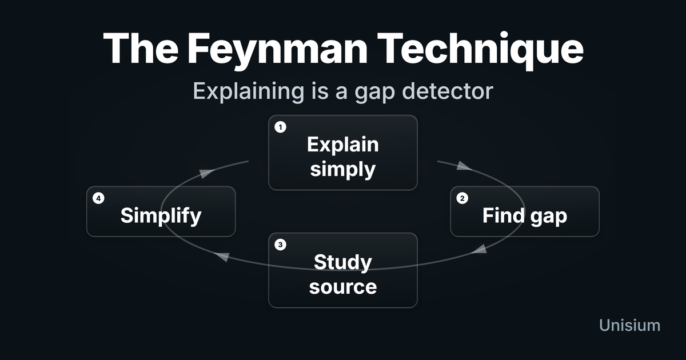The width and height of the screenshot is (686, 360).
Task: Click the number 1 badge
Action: click(x=280, y=127)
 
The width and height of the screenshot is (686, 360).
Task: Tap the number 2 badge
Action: click(x=462, y=198)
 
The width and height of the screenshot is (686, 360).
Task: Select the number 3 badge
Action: click(x=280, y=245)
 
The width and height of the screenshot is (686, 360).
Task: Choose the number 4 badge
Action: click(x=98, y=198)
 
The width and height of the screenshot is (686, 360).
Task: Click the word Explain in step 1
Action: click(x=342, y=144)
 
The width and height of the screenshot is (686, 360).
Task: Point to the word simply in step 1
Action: click(x=342, y=169)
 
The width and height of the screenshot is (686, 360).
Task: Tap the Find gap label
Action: click(x=524, y=216)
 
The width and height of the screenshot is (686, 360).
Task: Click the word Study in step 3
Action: click(x=342, y=262)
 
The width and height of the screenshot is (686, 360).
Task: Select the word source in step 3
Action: click(x=342, y=286)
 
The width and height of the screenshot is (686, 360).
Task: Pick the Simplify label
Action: click(x=161, y=216)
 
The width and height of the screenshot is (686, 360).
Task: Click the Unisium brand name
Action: click(x=629, y=325)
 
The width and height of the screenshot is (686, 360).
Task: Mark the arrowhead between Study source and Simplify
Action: click(x=224, y=257)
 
